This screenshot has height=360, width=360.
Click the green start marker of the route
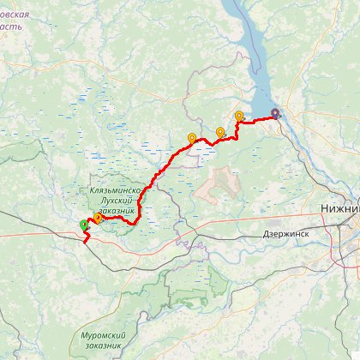click(84, 225)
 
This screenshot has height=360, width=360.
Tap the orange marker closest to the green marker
click(98, 218)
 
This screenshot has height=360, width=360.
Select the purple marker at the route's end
click(275, 113)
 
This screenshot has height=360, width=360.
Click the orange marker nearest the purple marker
click(239, 116)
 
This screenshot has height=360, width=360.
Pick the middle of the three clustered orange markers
click(220, 131)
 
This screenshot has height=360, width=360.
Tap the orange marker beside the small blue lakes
click(192, 137)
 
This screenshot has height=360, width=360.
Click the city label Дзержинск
click(285, 233)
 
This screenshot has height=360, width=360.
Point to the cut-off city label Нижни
click(339, 208)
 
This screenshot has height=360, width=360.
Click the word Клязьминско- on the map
click(115, 190)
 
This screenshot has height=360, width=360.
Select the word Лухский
click(113, 200)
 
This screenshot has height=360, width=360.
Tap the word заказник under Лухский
click(116, 210)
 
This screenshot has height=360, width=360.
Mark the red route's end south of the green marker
click(85, 243)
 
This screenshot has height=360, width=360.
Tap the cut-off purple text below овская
click(10, 27)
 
